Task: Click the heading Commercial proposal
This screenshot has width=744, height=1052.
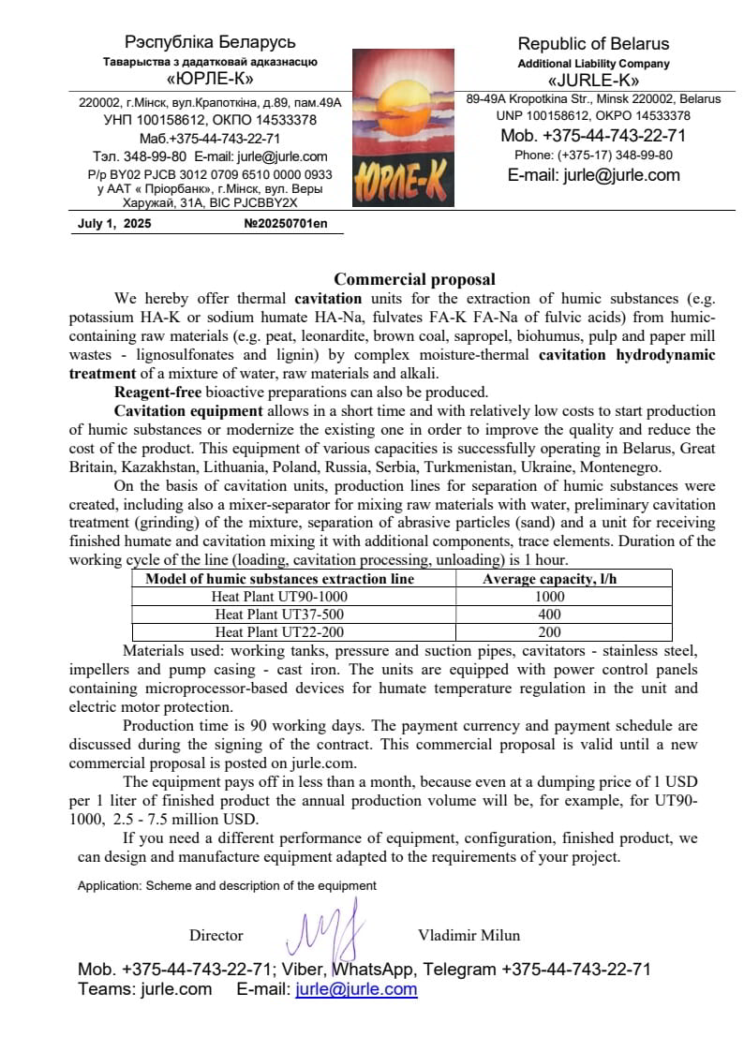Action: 414,279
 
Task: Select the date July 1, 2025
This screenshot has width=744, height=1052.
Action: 114,225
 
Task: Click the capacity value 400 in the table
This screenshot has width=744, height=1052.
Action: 550,615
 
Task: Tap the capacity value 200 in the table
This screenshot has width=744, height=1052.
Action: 550,632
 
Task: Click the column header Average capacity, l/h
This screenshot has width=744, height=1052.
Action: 550,579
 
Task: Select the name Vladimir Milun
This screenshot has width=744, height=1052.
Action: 469,935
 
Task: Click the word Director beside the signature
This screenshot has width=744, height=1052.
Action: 216,935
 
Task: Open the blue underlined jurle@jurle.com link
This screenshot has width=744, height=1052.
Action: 356,989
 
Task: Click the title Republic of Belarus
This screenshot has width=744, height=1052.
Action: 594,44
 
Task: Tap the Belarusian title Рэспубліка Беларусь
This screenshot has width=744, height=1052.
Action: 210,42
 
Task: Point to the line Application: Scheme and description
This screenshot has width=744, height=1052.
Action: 227,885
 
